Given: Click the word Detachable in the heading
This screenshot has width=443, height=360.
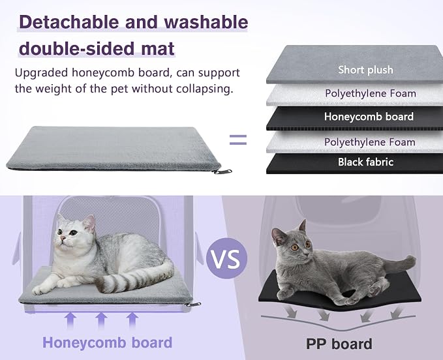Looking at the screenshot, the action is point(69,22).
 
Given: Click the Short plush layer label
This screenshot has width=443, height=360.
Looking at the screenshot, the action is point(365,70).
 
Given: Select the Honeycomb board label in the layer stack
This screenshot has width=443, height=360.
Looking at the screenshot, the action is point(369,117).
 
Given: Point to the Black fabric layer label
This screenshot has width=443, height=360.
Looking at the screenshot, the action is point(365,162).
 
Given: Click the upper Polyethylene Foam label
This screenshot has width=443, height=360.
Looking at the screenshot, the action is point(371,93).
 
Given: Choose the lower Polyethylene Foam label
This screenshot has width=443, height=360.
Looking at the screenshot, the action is point(370,142).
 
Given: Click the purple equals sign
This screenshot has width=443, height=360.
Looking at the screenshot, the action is point(238,140).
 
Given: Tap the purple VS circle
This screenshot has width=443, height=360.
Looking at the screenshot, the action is point(226,258).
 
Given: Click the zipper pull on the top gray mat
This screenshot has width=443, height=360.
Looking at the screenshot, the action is point(222,172).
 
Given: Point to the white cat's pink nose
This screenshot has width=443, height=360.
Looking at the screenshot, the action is point(63,239).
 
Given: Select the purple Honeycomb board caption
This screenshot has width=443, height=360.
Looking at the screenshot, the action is point(108,343).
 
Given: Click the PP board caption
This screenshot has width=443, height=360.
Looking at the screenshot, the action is point(339,344).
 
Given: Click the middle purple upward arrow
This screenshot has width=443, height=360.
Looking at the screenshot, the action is point(101,320).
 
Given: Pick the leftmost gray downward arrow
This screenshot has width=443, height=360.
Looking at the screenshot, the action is point(292,312).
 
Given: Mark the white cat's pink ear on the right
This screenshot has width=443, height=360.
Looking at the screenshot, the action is point(90,222).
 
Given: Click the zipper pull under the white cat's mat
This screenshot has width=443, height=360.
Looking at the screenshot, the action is point(192,305).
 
